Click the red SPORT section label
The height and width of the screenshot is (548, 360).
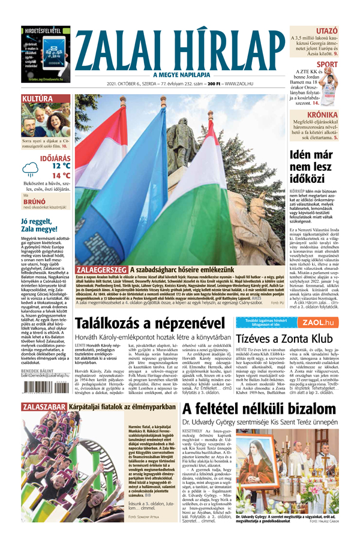[328, 64]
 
